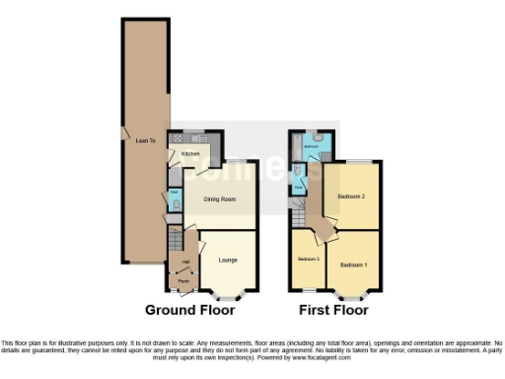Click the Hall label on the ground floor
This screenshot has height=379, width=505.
point(184,262)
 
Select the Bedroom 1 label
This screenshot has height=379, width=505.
point(353,265)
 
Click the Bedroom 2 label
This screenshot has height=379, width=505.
point(351,196)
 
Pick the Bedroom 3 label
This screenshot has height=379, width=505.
point(310,259)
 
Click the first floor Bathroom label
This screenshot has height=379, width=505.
point(311,146)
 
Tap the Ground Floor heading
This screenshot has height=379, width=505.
point(189,310)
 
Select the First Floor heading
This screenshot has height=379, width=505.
point(333,310)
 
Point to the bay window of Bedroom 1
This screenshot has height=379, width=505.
point(351,294)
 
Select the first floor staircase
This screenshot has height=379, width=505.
point(297,207)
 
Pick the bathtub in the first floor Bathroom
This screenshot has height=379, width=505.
point(296,150)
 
